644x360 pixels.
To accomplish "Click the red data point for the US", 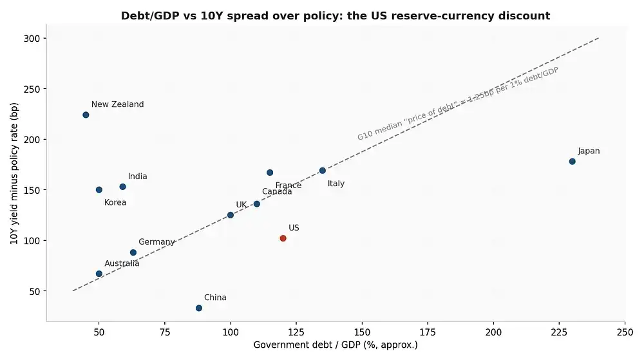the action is pyautogui.click(x=283, y=238).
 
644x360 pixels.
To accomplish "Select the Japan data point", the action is pyautogui.click(x=572, y=162).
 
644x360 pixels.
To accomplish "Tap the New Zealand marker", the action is pyautogui.click(x=86, y=115).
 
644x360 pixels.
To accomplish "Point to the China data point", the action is pyautogui.click(x=199, y=308).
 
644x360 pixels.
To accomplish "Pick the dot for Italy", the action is pyautogui.click(x=323, y=171).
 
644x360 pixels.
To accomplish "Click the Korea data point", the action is pyautogui.click(x=99, y=190).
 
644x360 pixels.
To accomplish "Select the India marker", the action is pyautogui.click(x=122, y=187).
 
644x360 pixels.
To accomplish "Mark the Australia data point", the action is pyautogui.click(x=99, y=274).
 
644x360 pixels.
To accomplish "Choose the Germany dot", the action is pyautogui.click(x=133, y=253).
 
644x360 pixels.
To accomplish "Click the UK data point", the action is pyautogui.click(x=231, y=215).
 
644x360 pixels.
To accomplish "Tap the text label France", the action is pyautogui.click(x=289, y=185).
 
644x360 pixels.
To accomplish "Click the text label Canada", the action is pyautogui.click(x=277, y=192).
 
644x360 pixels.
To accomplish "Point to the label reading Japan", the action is pyautogui.click(x=589, y=151).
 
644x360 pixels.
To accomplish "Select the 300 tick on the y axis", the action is pyautogui.click(x=32, y=39).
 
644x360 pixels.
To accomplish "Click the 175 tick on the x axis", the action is pyautogui.click(x=428, y=332).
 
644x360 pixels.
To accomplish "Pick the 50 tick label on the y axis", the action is pyautogui.click(x=35, y=292).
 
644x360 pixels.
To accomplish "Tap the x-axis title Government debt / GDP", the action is pyautogui.click(x=336, y=345).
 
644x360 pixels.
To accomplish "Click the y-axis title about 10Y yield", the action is pyautogui.click(x=14, y=174).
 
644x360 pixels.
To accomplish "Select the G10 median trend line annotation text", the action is pyautogui.click(x=457, y=104).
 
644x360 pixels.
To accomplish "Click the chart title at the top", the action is pyautogui.click(x=336, y=15).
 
